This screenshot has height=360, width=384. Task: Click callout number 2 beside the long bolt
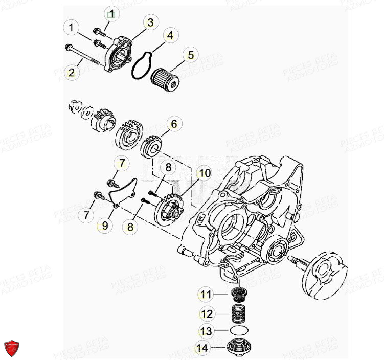pyautogui.click(x=72, y=73)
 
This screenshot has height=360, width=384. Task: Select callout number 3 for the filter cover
pyautogui.click(x=150, y=22)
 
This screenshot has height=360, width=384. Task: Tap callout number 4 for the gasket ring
pyautogui.click(x=171, y=36)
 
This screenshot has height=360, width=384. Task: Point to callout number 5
pyautogui.click(x=191, y=54)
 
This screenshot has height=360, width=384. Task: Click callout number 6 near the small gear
pyautogui.click(x=174, y=124)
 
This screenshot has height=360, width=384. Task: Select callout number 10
pyautogui.click(x=205, y=173)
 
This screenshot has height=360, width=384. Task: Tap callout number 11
pyautogui.click(x=206, y=294)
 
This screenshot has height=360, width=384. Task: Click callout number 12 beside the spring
pyautogui.click(x=206, y=313)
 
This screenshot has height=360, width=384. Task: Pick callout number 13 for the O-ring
pyautogui.click(x=206, y=330)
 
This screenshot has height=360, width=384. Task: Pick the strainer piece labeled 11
pyautogui.click(x=238, y=295)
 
